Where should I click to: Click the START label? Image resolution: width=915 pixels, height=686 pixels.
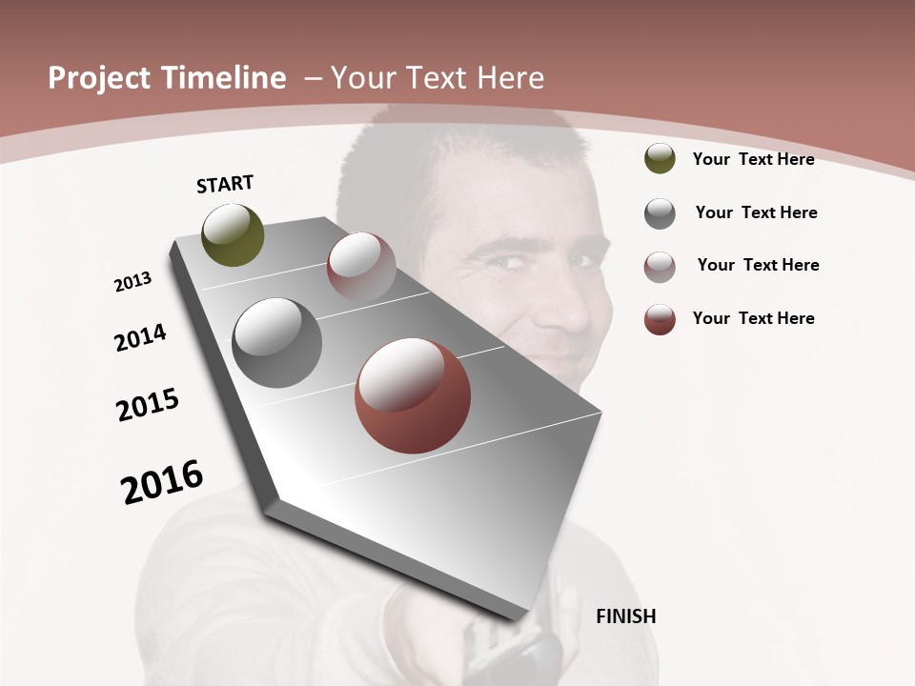tap(225, 184)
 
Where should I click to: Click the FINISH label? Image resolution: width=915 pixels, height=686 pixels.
tap(625, 616)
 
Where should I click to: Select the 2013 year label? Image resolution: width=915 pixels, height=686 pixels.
tap(133, 282)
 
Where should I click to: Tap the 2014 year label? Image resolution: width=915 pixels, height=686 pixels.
tap(141, 337)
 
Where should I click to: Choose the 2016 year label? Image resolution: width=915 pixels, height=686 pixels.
tap(162, 482)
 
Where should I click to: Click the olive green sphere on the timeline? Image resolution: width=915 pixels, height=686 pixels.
tap(234, 235)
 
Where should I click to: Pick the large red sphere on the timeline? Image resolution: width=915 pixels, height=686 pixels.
tap(413, 395)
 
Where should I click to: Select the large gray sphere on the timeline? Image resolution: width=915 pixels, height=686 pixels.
tap(277, 343)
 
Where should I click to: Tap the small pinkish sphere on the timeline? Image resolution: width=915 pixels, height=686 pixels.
tap(361, 267)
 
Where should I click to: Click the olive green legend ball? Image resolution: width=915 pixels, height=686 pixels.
tap(660, 159)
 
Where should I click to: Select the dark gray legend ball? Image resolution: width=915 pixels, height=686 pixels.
tap(660, 213)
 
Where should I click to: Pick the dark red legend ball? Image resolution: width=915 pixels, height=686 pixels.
tap(660, 319)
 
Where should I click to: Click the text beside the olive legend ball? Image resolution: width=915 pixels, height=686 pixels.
tap(753, 159)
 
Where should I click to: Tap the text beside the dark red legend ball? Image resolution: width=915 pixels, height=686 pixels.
tap(753, 318)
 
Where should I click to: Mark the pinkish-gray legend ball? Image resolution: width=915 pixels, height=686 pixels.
tap(660, 267)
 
